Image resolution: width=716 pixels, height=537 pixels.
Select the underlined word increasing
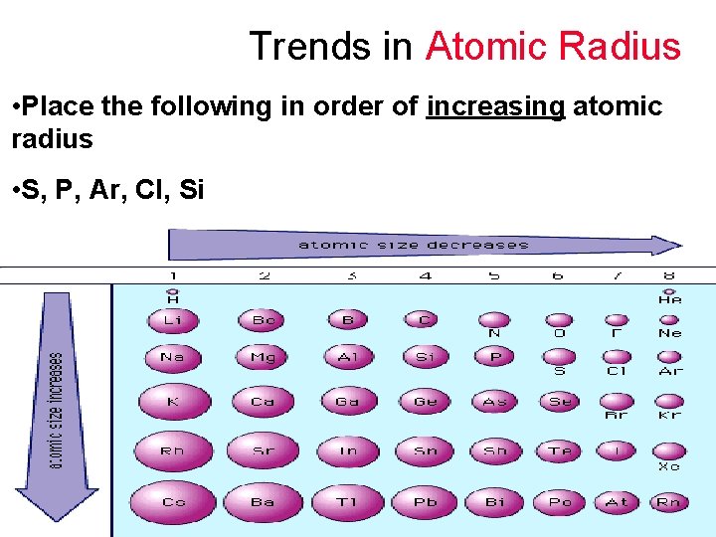(x=495, y=106)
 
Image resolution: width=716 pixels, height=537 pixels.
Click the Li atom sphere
(x=173, y=320)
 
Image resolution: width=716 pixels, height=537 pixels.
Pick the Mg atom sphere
(x=263, y=357)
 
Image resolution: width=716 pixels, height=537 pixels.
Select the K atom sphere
(x=173, y=402)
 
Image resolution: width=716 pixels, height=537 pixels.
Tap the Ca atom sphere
(x=263, y=402)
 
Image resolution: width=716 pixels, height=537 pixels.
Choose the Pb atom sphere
(x=425, y=502)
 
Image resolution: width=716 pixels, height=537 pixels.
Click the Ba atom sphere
(x=263, y=502)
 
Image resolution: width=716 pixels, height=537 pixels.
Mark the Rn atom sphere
(x=669, y=502)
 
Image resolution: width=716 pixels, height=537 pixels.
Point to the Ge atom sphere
(x=425, y=402)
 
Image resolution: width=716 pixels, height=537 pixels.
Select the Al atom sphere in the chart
(x=348, y=357)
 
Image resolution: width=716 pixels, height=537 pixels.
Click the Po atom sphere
(x=561, y=502)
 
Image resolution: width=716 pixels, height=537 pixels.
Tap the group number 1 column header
(x=173, y=275)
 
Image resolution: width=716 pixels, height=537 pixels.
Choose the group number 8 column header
(x=669, y=275)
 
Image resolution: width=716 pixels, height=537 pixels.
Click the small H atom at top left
(x=173, y=293)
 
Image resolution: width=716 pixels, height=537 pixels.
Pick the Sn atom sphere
(x=425, y=450)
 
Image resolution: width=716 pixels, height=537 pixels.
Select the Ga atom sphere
(x=348, y=402)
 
